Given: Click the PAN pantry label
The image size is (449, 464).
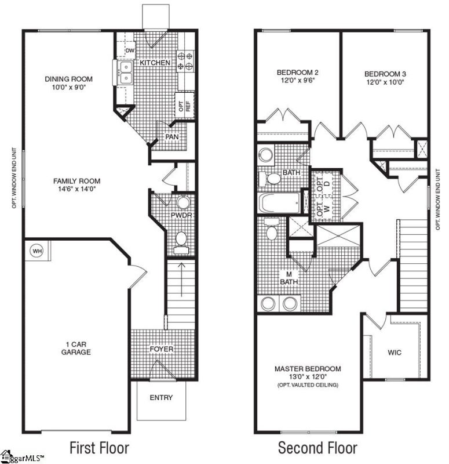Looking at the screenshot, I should pos(171,137).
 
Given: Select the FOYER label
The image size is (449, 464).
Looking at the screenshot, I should pos(162,349).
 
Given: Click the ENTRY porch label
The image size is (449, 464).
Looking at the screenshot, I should pos(161,398).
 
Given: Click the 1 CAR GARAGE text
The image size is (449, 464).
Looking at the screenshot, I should pos(76,348).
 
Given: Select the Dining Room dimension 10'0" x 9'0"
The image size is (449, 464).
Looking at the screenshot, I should pos(69,88).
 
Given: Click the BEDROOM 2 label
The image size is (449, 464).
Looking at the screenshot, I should pos(297,72).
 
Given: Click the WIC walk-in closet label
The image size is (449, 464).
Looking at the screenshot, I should pos(395,352).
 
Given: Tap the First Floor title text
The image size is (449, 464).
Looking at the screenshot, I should pos(99,448).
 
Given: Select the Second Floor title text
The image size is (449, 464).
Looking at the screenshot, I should pos(317,448).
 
